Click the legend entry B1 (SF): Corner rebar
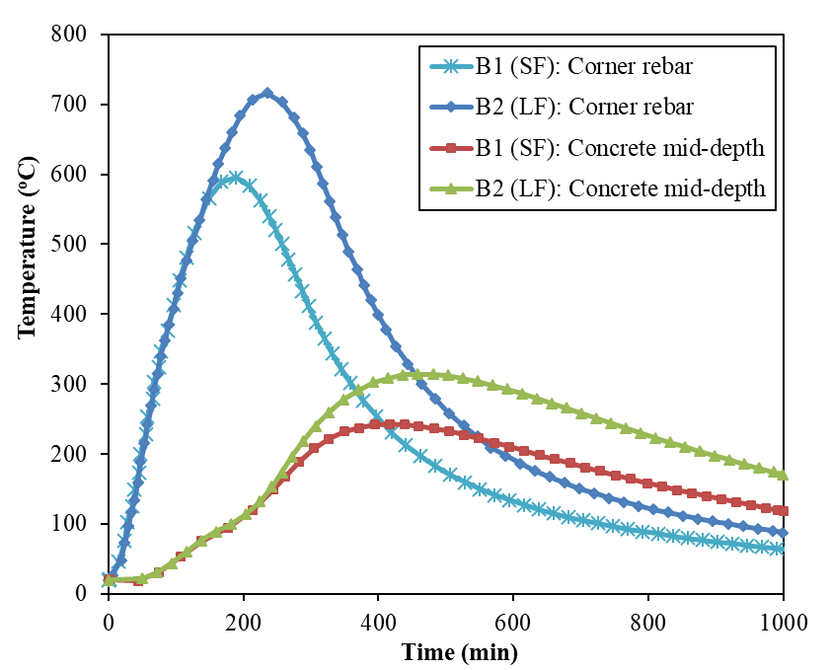click(600, 68)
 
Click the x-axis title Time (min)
click(459, 651)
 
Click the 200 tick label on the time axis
click(244, 623)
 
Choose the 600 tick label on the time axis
click(513, 623)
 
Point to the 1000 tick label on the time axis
click(783, 623)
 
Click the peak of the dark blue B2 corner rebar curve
click(266, 93)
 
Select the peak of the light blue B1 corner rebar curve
click(234, 177)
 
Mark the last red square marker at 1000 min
click(784, 511)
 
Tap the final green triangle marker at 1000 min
click(784, 474)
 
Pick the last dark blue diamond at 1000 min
click(784, 533)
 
